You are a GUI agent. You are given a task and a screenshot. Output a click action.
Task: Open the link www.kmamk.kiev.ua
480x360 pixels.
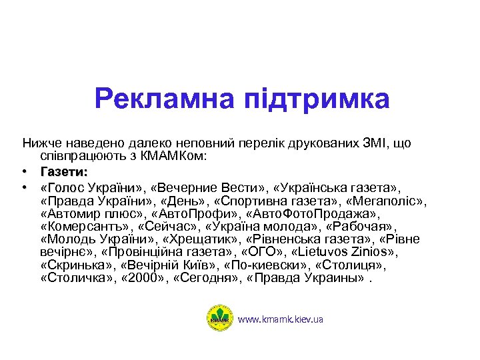[x=281, y=320]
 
